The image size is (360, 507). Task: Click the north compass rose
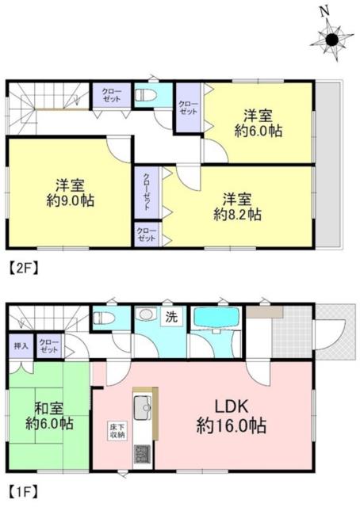pyautogui.click(x=331, y=40)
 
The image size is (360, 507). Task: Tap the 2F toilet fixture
pyautogui.click(x=146, y=95)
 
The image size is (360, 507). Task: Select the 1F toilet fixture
pyautogui.click(x=104, y=318)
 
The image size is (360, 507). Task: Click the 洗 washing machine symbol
pyautogui.click(x=171, y=317)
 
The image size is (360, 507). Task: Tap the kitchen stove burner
pyautogui.click(x=143, y=454)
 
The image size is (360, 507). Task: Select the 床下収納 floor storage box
pyautogui.click(x=117, y=430)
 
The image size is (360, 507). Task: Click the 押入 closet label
pyautogui.click(x=21, y=345)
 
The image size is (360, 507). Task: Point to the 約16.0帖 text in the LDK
pyautogui.click(x=232, y=426)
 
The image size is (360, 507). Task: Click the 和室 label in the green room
pyautogui.click(x=49, y=409)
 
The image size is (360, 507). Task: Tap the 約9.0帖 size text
pyautogui.click(x=71, y=200)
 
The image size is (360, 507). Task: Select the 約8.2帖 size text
pyautogui.click(x=237, y=214)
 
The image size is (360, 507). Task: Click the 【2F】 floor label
pyautogui.click(x=23, y=268)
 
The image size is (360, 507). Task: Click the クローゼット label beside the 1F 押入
pyautogui.click(x=49, y=345)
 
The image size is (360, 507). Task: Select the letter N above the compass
pyautogui.click(x=324, y=13)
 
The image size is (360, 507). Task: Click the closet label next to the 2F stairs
pyautogui.click(x=112, y=95)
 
